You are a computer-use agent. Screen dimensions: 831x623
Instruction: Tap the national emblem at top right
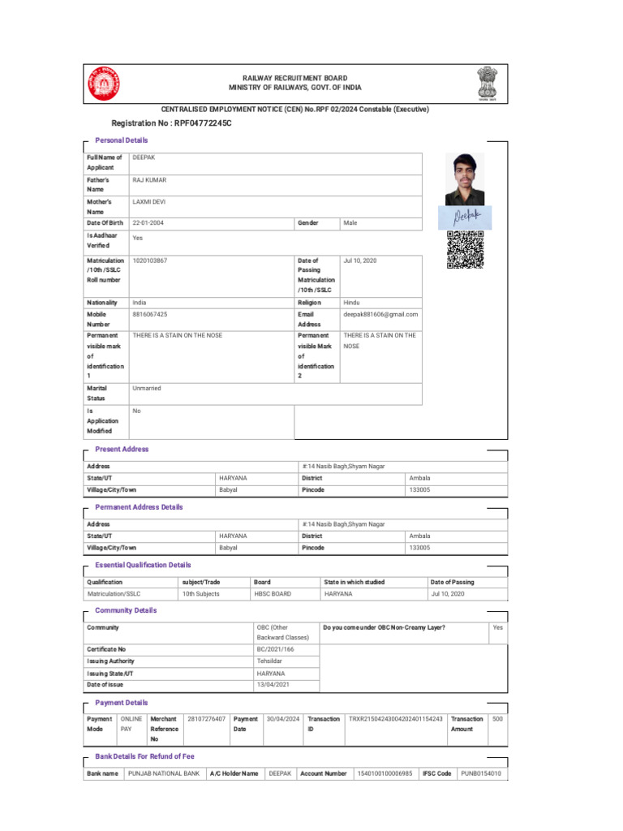pos(491,82)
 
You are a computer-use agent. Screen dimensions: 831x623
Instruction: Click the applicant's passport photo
pos(464,179)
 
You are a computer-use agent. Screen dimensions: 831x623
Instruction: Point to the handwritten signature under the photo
pos(462,216)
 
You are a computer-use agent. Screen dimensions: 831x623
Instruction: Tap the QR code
pos(465,250)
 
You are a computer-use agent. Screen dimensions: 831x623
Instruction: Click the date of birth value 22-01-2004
pos(152,222)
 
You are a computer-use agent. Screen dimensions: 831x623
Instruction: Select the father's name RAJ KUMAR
pos(149,179)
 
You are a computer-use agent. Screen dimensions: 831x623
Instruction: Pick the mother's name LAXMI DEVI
pos(149,201)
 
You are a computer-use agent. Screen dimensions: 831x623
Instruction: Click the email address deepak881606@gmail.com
pos(380,314)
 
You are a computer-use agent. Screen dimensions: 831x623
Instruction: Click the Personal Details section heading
pos(122,140)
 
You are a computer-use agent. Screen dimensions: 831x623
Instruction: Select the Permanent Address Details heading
pos(139,507)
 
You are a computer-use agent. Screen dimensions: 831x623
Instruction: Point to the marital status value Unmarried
pos(147,389)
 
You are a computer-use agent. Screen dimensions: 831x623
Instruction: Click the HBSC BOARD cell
pos(273,594)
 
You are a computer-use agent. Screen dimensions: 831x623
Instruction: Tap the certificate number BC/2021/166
pos(276,649)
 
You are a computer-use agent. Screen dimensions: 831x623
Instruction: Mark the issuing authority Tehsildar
pos(271,661)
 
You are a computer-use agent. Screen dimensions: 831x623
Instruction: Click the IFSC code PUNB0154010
pos(481,773)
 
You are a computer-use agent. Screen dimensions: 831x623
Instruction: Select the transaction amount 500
pos(497,719)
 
